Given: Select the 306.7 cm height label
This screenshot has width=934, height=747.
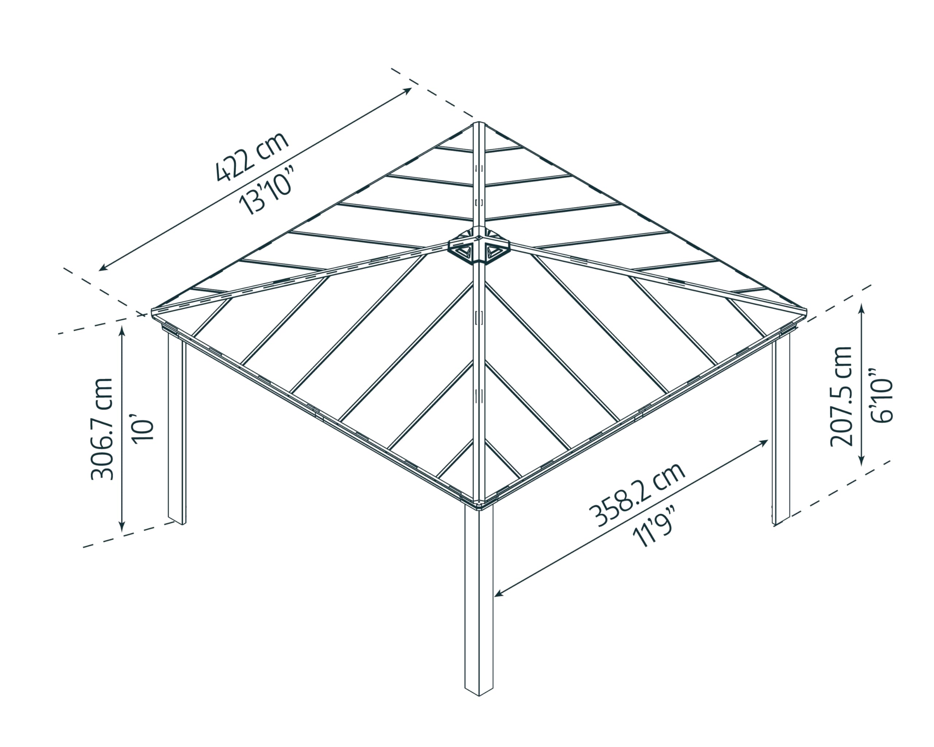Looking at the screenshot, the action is [102, 429].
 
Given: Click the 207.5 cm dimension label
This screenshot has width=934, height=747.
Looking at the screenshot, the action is [841, 396].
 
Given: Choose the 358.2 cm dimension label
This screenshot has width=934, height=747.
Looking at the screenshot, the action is [636, 495].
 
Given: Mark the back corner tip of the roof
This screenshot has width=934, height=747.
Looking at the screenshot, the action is [478, 123].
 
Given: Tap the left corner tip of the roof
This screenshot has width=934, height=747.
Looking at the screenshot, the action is [152, 312].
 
